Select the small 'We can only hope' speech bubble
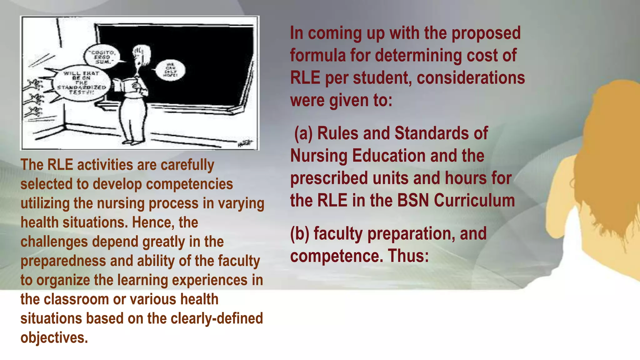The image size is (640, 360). coord(170,70)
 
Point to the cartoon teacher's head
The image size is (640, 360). coord(141,55)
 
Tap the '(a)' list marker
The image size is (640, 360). coord(303,133)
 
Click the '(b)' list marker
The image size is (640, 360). coord(300,234)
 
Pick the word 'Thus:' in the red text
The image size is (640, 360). coord(408,256)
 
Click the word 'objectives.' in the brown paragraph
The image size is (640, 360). coord(54,338)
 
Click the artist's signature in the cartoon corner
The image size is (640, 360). coord(245,143)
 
